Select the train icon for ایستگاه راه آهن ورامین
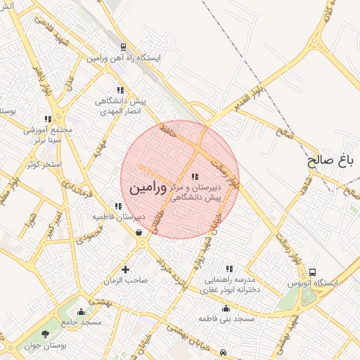(x=123, y=47)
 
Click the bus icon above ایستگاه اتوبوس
(x=313, y=272)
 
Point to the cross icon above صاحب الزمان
(x=126, y=269)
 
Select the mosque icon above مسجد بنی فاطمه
(x=226, y=309)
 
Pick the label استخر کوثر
(x=44, y=165)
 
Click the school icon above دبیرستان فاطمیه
(x=119, y=207)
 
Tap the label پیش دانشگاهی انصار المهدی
(x=120, y=106)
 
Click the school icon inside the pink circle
(x=195, y=176)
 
